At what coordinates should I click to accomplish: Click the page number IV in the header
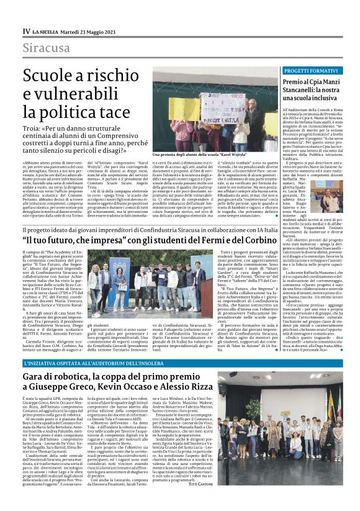click(26, 30)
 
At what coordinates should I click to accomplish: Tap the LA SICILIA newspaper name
click(48, 31)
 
